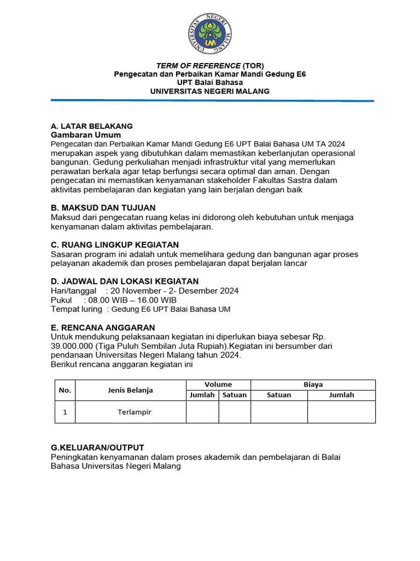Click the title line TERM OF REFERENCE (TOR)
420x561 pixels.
click(x=210, y=65)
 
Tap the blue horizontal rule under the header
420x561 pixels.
click(x=212, y=100)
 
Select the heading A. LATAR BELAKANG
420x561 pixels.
click(x=91, y=126)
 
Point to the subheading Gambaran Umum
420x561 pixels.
click(x=86, y=135)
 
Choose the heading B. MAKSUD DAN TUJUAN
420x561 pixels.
click(x=103, y=208)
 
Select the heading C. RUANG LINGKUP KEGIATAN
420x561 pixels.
click(x=115, y=244)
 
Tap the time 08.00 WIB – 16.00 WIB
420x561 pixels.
click(x=132, y=300)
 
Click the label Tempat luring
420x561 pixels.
click(x=76, y=309)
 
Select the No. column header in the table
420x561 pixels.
click(x=65, y=390)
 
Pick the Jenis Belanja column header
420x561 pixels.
click(x=130, y=390)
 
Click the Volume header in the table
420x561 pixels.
click(x=218, y=385)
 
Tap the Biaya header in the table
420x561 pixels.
click(x=313, y=385)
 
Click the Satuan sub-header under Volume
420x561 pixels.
click(x=235, y=395)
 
